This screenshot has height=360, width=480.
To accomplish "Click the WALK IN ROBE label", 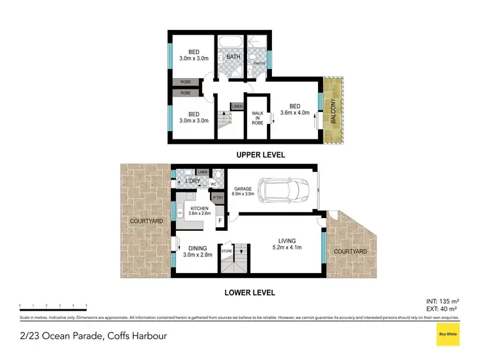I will (257, 118).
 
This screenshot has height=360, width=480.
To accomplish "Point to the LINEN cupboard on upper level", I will (237, 106).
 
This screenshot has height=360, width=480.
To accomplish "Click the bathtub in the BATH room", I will (228, 43).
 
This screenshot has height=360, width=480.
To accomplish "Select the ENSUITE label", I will (259, 63).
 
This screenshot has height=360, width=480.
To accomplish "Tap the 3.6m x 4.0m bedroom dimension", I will (294, 114).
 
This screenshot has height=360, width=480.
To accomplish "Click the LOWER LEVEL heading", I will (250, 292).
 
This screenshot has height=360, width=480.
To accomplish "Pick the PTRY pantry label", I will (218, 198).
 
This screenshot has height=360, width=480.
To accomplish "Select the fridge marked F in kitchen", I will (220, 221).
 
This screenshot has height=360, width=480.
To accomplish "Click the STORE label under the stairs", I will (226, 251).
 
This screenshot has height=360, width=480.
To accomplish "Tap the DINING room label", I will (196, 250).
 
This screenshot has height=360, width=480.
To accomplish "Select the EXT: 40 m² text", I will (444, 306).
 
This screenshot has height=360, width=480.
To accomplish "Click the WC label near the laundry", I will (214, 185).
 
